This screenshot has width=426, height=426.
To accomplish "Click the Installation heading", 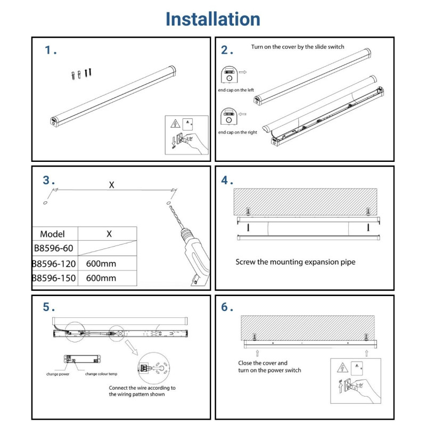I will tap(213, 19).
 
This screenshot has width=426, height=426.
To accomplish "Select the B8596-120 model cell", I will tap(54, 264).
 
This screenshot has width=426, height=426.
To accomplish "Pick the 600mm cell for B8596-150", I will tap(101, 278).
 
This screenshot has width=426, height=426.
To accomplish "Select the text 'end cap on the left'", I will tap(236, 91).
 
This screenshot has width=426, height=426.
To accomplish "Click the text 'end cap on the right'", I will tap(237, 132).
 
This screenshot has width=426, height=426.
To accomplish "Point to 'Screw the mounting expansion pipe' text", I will tap(295, 262).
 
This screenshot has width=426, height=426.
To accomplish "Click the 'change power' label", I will tap(58, 374).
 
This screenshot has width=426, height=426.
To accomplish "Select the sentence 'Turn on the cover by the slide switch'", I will tap(298, 47).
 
